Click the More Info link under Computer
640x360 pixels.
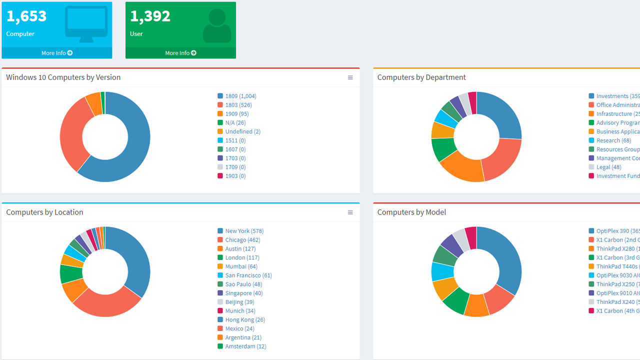pos(56,53)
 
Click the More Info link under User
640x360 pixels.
pos(180,53)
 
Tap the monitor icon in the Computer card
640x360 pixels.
pos(86,24)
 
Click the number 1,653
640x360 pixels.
pos(26,16)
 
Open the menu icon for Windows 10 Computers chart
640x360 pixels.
pos(350,77)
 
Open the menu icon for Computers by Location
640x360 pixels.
pos(350,212)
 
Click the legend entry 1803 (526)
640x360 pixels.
pos(238,105)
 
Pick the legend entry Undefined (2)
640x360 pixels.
pos(242,131)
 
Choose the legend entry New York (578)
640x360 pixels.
pos(244,231)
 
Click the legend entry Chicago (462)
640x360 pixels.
pos(242,240)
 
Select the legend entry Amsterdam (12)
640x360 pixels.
pos(245,346)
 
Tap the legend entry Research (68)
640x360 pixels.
pos(613,140)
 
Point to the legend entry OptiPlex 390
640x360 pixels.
pos(612,231)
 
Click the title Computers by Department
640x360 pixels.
pos(421,77)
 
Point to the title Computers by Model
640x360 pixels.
pos(411,212)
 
